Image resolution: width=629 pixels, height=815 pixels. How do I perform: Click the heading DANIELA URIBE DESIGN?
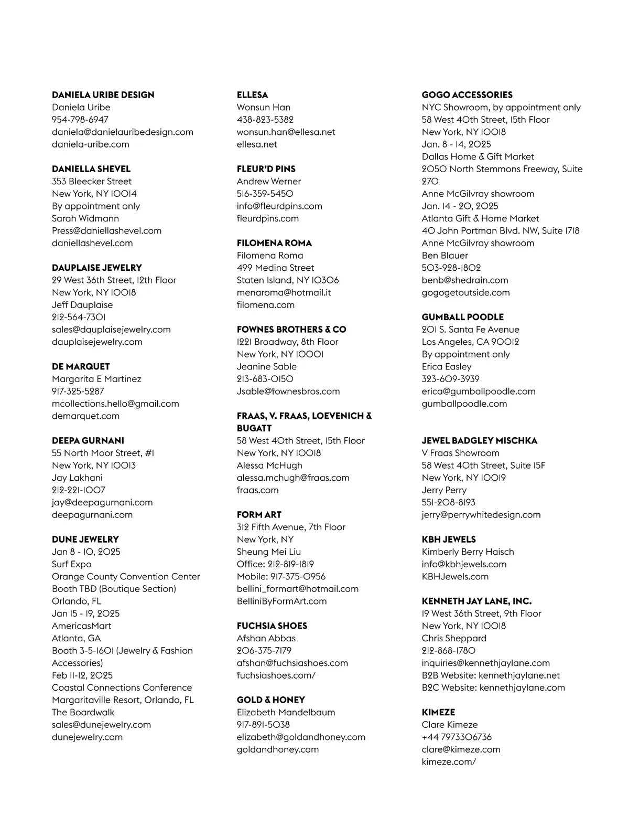coord(103,95)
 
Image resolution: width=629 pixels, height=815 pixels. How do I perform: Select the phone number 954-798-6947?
coord(80,120)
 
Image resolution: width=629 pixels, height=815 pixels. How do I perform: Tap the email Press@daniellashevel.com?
coord(106,231)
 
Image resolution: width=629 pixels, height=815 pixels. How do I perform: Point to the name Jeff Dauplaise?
coord(82,305)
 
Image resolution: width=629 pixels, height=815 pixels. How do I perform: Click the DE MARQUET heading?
coord(81,366)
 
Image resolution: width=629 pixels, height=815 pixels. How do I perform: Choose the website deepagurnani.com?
coord(92,515)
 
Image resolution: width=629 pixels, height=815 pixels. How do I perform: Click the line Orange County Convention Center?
coord(126,576)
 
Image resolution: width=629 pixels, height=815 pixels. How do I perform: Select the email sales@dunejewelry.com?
coord(101,725)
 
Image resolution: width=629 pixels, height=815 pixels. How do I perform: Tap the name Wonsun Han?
coord(263,108)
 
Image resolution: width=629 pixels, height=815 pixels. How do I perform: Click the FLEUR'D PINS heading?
coord(266,169)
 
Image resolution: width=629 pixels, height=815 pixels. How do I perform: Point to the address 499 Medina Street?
coord(275,268)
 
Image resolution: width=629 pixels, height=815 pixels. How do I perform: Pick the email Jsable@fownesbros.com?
coord(288,391)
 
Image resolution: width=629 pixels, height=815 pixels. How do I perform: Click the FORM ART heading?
coord(259,515)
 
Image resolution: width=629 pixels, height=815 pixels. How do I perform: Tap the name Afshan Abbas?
coord(266,638)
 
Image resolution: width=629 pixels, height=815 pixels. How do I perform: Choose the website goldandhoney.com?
coord(277,749)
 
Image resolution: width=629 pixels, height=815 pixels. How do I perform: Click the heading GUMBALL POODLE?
coord(462,317)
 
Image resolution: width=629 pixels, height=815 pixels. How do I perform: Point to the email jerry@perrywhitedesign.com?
coord(481,515)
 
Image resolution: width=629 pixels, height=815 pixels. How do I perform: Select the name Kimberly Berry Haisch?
coord(468,552)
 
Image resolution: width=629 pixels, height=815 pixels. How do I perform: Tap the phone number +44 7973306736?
coord(456,737)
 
